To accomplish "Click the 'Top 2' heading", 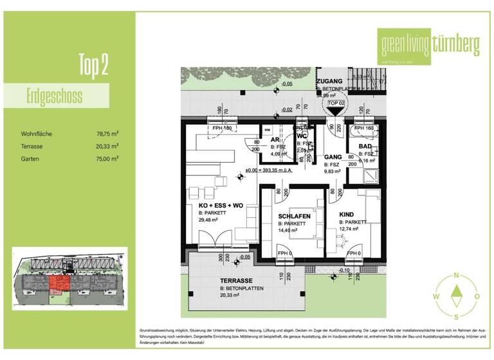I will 93,65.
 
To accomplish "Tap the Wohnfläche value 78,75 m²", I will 107,134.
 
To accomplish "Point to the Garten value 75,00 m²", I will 107,157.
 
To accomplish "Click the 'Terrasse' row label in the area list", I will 32,146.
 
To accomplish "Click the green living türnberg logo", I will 430,45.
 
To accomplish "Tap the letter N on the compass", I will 456,275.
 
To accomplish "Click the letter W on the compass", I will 435,296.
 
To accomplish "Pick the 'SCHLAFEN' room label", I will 295,217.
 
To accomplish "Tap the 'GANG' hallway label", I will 332,157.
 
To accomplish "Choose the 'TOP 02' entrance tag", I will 336,103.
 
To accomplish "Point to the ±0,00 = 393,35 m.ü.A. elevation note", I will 270,172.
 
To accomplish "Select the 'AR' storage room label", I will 275,139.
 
